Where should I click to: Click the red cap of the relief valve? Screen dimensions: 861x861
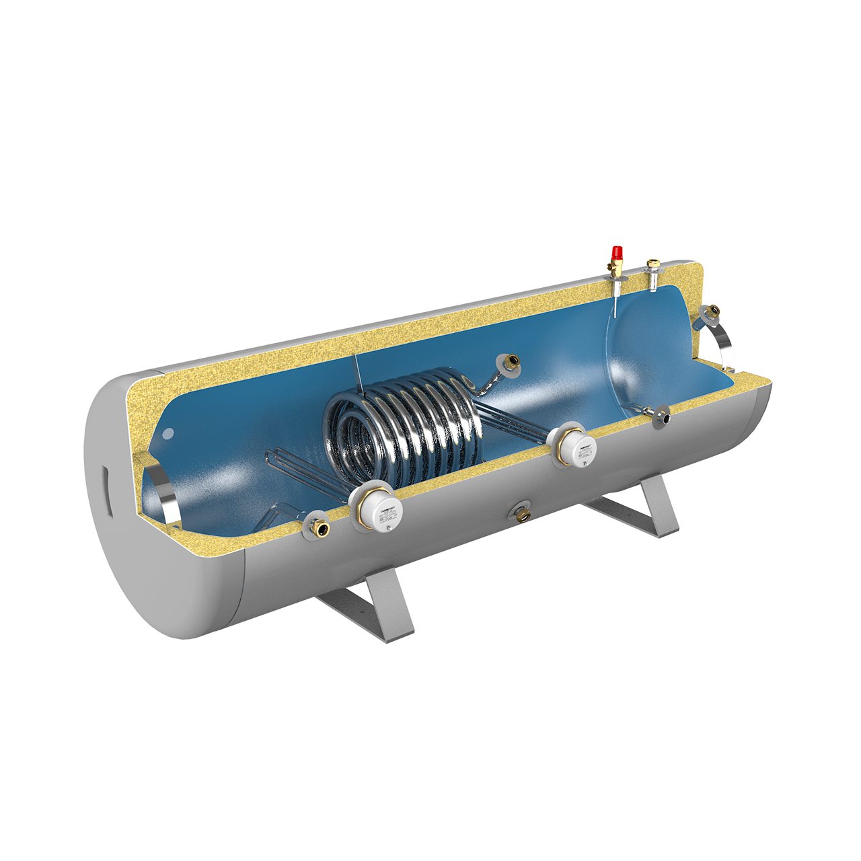click(615, 252)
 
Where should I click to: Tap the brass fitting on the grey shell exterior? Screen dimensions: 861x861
click(519, 513)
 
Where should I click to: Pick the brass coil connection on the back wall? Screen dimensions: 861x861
click(509, 363)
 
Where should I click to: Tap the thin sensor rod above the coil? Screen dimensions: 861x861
click(357, 377)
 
